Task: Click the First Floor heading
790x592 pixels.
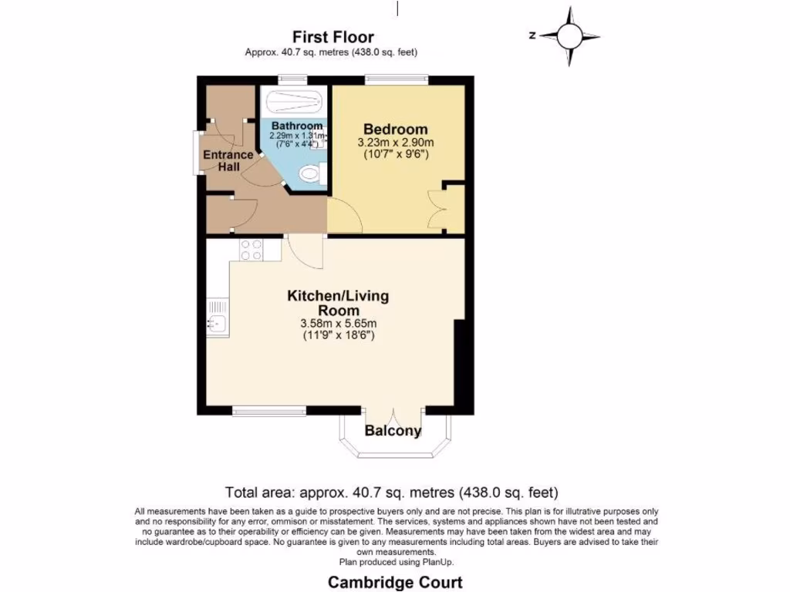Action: (333, 37)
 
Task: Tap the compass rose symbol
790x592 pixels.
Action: (570, 35)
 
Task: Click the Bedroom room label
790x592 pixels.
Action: (395, 129)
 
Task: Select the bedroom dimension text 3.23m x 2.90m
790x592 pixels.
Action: (395, 143)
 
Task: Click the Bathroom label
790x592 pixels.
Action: (297, 126)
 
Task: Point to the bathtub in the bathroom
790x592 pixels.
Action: (293, 100)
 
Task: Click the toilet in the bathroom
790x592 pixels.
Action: (313, 173)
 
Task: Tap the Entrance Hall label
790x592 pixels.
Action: (228, 160)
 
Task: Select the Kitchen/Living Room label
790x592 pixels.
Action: (338, 302)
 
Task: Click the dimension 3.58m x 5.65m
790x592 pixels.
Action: (338, 323)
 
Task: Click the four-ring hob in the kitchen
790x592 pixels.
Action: (251, 249)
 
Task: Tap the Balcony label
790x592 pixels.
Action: (393, 431)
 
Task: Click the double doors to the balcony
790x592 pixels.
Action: (393, 414)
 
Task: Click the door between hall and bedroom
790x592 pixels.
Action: (341, 214)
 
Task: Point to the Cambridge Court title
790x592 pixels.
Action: (395, 582)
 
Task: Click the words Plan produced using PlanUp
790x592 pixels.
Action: (395, 562)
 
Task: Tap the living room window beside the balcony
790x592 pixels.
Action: (268, 411)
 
